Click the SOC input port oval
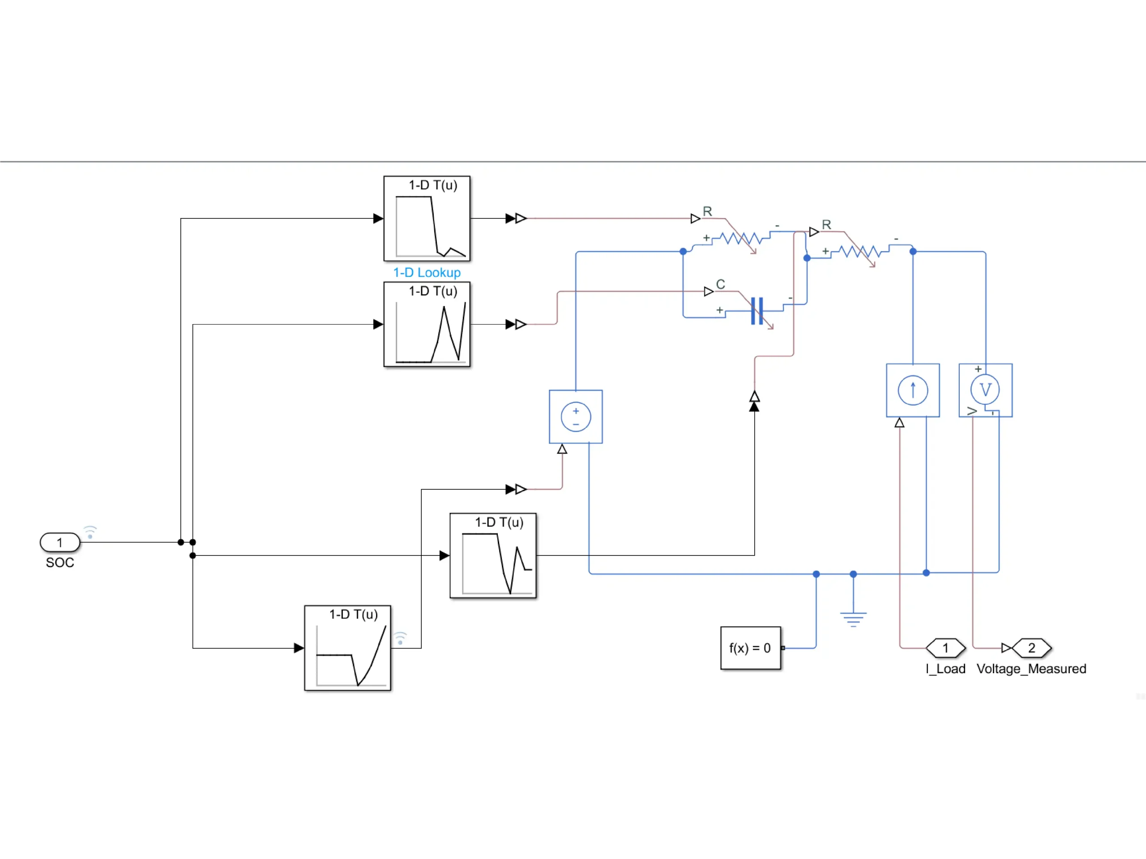tap(60, 543)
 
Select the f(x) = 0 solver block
tap(750, 648)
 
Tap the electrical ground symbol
tap(853, 618)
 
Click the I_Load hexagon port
tap(945, 648)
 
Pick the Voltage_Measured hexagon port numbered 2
tap(1031, 648)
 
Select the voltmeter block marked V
tap(985, 390)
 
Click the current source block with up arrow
tap(913, 390)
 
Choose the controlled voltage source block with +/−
tap(576, 417)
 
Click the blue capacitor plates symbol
tap(757, 311)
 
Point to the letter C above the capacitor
tap(720, 284)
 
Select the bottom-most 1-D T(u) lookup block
tap(348, 648)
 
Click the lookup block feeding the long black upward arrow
tap(493, 556)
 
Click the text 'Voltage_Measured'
tap(1031, 669)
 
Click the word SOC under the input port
tap(60, 563)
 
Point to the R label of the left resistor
tap(707, 211)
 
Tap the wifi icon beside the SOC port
tap(90, 532)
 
